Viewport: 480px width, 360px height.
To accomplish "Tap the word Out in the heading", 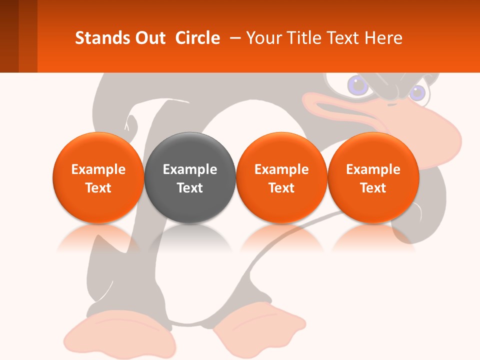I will pyautogui.click(x=149, y=38).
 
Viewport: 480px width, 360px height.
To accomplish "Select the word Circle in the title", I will pyautogui.click(x=197, y=38).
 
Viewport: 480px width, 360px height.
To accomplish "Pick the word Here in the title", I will pyautogui.click(x=383, y=38).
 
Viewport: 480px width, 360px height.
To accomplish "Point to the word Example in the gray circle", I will pyautogui.click(x=190, y=169).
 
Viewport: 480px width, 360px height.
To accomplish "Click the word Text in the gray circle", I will pyautogui.click(x=190, y=188).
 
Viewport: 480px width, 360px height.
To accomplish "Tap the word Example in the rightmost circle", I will pyautogui.click(x=373, y=169).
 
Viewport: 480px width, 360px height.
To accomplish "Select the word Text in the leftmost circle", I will pyautogui.click(x=98, y=188).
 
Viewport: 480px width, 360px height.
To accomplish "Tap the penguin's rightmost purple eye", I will pyautogui.click(x=417, y=92).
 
